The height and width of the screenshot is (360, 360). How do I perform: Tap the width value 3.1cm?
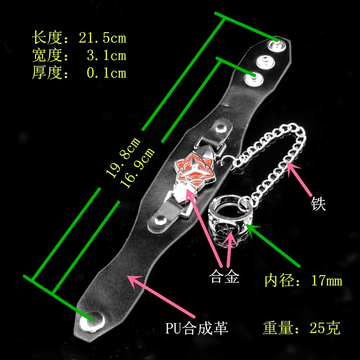106,56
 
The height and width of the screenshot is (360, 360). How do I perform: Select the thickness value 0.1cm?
106,73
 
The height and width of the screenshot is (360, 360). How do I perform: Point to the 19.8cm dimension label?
123,157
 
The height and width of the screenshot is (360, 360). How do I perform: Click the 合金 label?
224,277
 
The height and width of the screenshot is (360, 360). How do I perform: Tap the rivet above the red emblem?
221,128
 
